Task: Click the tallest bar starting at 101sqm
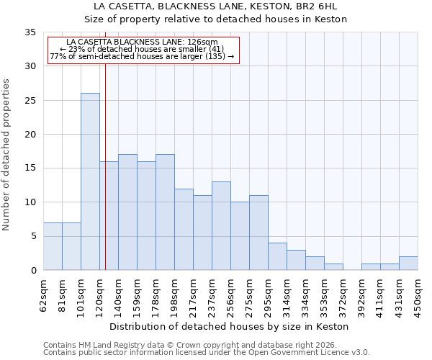click(90, 181)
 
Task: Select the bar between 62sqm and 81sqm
click(53, 246)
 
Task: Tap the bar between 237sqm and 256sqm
click(221, 226)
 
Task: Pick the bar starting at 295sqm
click(277, 256)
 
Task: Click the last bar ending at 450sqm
click(408, 264)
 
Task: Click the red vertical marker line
click(105, 180)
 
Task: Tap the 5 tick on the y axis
click(33, 236)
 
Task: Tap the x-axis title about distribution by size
click(230, 326)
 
